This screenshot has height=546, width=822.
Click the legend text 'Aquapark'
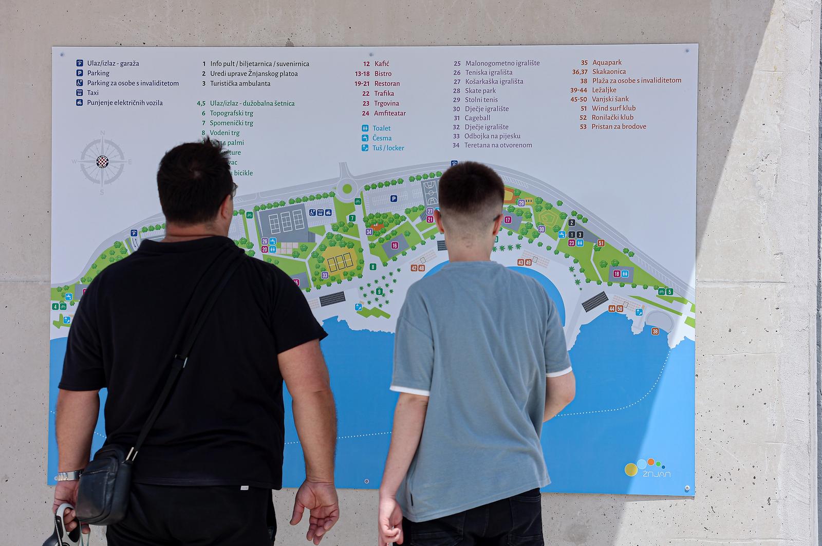607,63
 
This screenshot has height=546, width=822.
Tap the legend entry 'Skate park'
480,90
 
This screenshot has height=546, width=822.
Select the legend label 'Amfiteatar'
390,113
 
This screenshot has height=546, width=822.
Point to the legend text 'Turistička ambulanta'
240,83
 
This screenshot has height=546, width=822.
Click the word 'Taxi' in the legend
93,92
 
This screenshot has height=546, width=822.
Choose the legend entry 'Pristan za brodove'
619,126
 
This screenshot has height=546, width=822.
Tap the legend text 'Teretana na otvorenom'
498,145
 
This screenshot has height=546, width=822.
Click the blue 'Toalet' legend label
381,128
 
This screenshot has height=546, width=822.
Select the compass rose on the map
103,162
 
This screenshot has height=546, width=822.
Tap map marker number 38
655,331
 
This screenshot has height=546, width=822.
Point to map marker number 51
601,243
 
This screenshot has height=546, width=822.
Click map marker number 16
395,245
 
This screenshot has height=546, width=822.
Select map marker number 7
352,218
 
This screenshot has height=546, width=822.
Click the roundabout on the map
347,189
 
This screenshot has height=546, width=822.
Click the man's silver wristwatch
68,476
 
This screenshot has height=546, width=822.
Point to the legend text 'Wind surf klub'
613,108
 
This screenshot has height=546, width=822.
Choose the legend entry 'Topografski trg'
231,113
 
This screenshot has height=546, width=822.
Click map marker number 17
508,220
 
